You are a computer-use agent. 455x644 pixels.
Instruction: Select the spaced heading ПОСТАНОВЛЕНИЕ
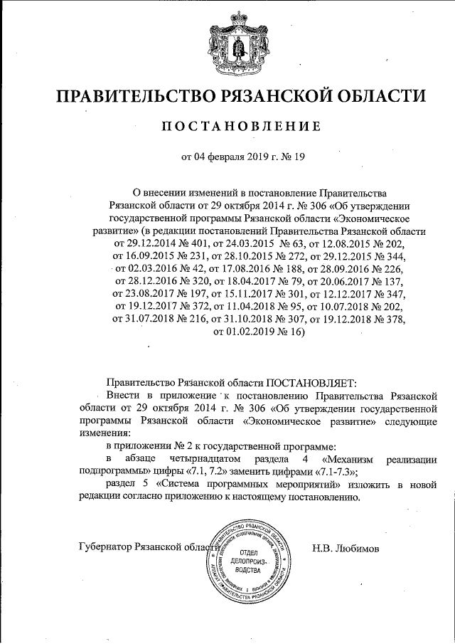227,127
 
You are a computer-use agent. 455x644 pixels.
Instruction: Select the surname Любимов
360,548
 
